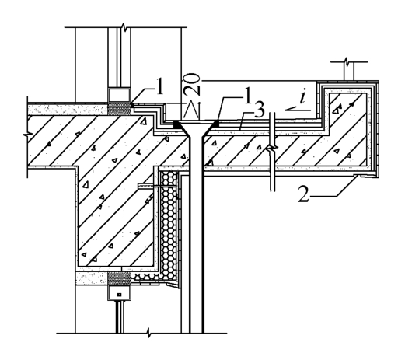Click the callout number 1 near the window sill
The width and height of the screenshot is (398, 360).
pyautogui.click(x=160, y=86)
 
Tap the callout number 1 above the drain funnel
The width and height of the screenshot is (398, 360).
pyautogui.click(x=248, y=95)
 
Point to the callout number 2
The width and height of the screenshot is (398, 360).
pyautogui.click(x=303, y=194)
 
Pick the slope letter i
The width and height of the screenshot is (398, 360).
pyautogui.click(x=302, y=96)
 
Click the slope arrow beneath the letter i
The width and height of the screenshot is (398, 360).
pyautogui.click(x=298, y=110)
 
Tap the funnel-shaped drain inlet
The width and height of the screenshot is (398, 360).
pyautogui.click(x=197, y=129)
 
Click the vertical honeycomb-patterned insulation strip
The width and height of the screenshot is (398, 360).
pyautogui.click(x=168, y=225)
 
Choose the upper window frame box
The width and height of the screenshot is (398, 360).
pyautogui.click(x=119, y=95)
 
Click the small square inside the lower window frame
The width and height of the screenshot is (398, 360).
pyautogui.click(x=120, y=295)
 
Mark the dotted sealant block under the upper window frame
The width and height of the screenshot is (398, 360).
pyautogui.click(x=119, y=109)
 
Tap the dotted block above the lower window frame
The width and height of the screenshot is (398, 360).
pyautogui.click(x=119, y=279)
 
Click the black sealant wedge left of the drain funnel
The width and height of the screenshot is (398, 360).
pyautogui.click(x=176, y=124)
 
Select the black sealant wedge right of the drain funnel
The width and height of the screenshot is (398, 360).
pyautogui.click(x=216, y=124)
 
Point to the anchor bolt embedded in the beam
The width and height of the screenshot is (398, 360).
pyautogui.click(x=157, y=187)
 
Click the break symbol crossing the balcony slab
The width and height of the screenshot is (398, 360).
pyautogui.click(x=271, y=150)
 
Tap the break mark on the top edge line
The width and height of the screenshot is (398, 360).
pyautogui.click(x=125, y=27)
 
